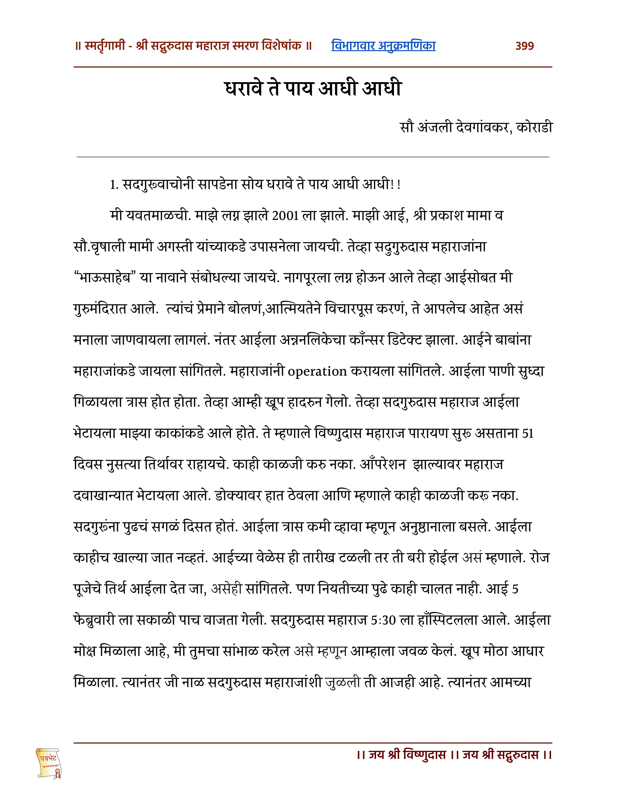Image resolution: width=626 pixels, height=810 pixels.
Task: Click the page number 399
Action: click(x=524, y=46)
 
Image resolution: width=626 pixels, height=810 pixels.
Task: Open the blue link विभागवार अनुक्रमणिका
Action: click(x=383, y=46)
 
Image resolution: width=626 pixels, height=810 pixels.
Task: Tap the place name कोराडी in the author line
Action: click(x=534, y=127)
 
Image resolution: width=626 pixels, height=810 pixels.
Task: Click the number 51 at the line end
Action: click(x=527, y=433)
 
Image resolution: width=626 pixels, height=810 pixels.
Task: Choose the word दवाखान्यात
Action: click(x=103, y=496)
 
